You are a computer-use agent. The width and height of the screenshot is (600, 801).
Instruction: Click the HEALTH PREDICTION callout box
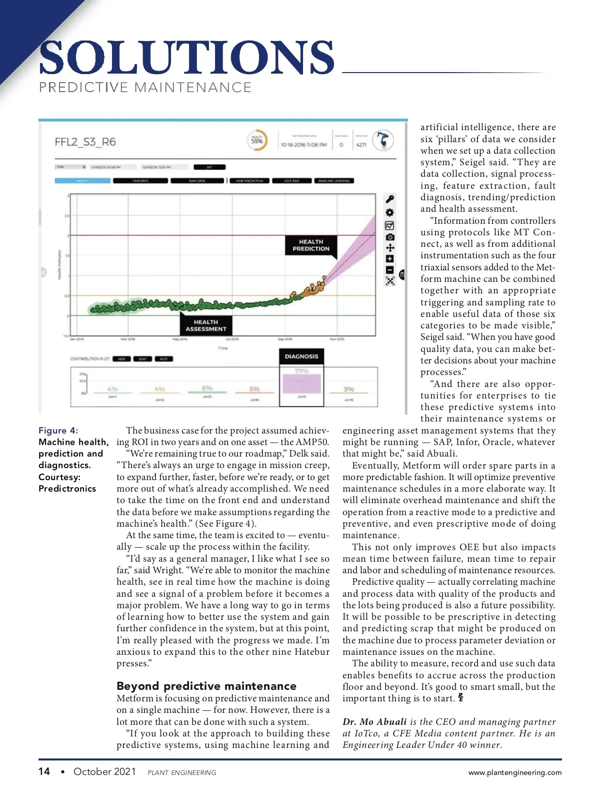click(311, 245)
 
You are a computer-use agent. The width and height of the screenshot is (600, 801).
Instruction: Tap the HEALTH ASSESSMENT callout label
click(206, 325)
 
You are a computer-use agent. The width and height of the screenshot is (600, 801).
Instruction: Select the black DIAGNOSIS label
click(301, 356)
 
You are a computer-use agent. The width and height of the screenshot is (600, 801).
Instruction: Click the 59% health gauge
click(257, 141)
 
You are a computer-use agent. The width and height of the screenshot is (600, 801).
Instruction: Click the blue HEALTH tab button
click(82, 181)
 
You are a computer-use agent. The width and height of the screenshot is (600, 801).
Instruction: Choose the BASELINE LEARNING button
click(334, 181)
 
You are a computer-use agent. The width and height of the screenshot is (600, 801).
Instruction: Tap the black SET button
click(209, 167)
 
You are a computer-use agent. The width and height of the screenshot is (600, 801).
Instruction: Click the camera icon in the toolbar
click(390, 237)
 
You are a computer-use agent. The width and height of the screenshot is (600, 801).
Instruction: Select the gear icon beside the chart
click(390, 212)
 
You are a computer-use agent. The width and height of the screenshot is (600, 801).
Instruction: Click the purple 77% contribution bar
click(301, 383)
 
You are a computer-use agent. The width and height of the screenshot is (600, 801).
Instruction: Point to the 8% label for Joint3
click(207, 388)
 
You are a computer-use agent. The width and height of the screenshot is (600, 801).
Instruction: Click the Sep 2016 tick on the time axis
click(285, 339)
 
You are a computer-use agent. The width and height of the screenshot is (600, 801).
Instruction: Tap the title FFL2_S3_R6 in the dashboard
click(85, 142)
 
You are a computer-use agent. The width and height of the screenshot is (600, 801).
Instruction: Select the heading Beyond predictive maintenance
click(206, 686)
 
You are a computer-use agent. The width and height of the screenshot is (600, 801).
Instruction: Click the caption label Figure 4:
click(58, 431)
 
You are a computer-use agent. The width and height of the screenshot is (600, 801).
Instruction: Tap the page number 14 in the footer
click(44, 771)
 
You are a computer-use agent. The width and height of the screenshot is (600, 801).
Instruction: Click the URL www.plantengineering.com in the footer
click(515, 772)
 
